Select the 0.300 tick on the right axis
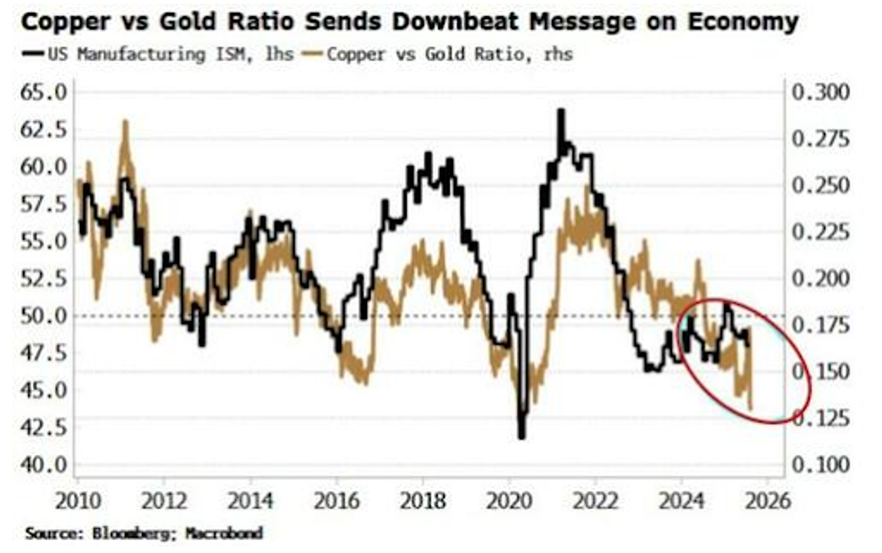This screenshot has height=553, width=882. pyautogui.click(x=821, y=91)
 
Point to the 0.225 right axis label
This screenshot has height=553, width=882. pyautogui.click(x=821, y=231)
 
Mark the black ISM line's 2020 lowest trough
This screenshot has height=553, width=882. pyautogui.click(x=522, y=437)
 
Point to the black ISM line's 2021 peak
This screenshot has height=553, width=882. pyautogui.click(x=561, y=109)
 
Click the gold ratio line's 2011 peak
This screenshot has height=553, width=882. pyautogui.click(x=125, y=121)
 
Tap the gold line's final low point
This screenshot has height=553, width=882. pyautogui.click(x=751, y=409)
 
